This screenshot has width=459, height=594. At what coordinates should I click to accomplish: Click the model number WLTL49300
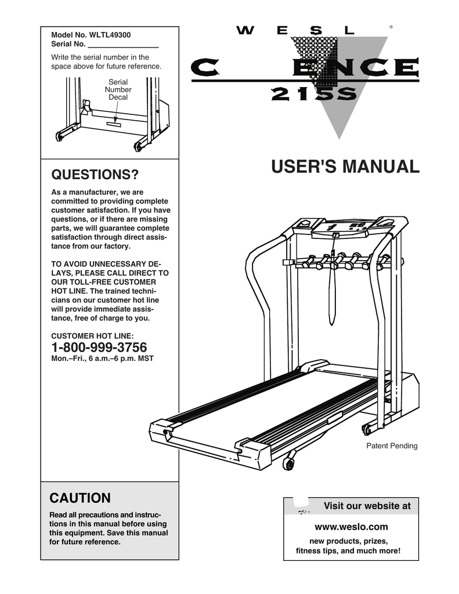point(110,35)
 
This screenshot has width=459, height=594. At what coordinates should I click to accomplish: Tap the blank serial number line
point(123,45)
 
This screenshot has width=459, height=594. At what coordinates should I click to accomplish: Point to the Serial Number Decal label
point(118,90)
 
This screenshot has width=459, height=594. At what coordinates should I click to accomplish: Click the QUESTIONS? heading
point(95,175)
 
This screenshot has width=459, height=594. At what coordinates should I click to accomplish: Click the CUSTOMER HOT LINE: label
point(92,335)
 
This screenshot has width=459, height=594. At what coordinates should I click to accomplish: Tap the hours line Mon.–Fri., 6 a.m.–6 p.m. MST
point(102,358)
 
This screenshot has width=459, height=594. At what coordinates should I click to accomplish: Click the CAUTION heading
point(80,498)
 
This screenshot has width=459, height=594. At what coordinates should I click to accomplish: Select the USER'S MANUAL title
point(345,167)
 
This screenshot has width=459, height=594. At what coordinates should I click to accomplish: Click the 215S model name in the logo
point(311,95)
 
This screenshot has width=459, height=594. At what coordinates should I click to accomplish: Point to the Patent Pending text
point(391,446)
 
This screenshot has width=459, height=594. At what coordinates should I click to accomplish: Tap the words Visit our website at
point(366,506)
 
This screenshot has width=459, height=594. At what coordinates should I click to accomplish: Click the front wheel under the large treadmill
point(288,463)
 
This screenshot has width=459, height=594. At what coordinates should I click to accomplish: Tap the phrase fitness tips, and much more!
point(348,550)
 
